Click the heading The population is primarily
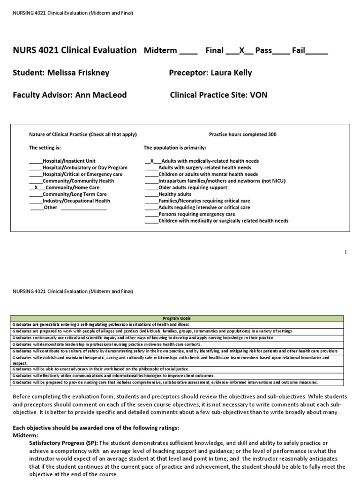tap(175, 148)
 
